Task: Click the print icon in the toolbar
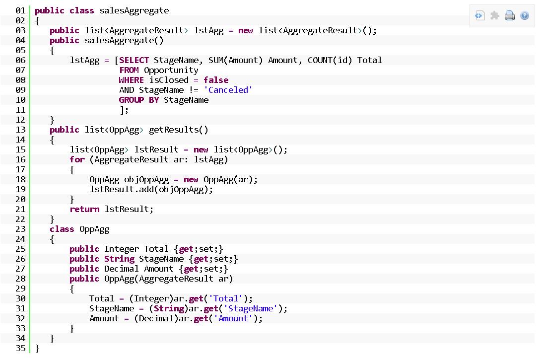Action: (510, 15)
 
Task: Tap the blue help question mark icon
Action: (525, 15)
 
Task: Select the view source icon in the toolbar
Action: (479, 15)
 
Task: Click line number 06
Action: (20, 60)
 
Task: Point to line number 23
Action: (20, 229)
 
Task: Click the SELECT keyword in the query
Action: (134, 60)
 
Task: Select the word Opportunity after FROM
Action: (171, 70)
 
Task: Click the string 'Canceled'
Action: (230, 90)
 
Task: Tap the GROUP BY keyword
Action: (138, 100)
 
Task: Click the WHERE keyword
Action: (132, 80)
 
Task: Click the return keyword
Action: (84, 209)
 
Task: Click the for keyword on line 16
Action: (77, 159)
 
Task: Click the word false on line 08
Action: (216, 80)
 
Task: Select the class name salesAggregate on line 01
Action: (134, 10)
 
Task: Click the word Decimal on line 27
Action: (122, 269)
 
